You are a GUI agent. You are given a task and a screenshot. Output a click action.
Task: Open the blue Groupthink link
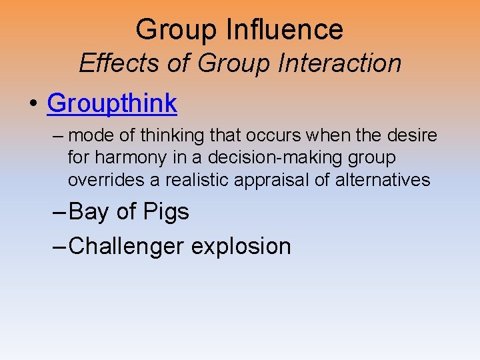tap(112, 103)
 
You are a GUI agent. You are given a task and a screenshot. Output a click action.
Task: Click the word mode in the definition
tap(90, 136)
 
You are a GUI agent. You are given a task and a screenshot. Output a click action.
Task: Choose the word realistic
tap(191, 180)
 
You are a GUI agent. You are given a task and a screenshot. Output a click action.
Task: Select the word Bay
tap(89, 212)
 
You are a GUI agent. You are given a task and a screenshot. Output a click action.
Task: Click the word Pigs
tap(165, 212)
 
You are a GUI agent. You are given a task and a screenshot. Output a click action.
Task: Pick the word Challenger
tap(126, 247)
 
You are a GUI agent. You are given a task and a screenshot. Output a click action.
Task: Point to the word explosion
tap(241, 247)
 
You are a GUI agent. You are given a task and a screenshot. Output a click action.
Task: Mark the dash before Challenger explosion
tap(59, 246)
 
